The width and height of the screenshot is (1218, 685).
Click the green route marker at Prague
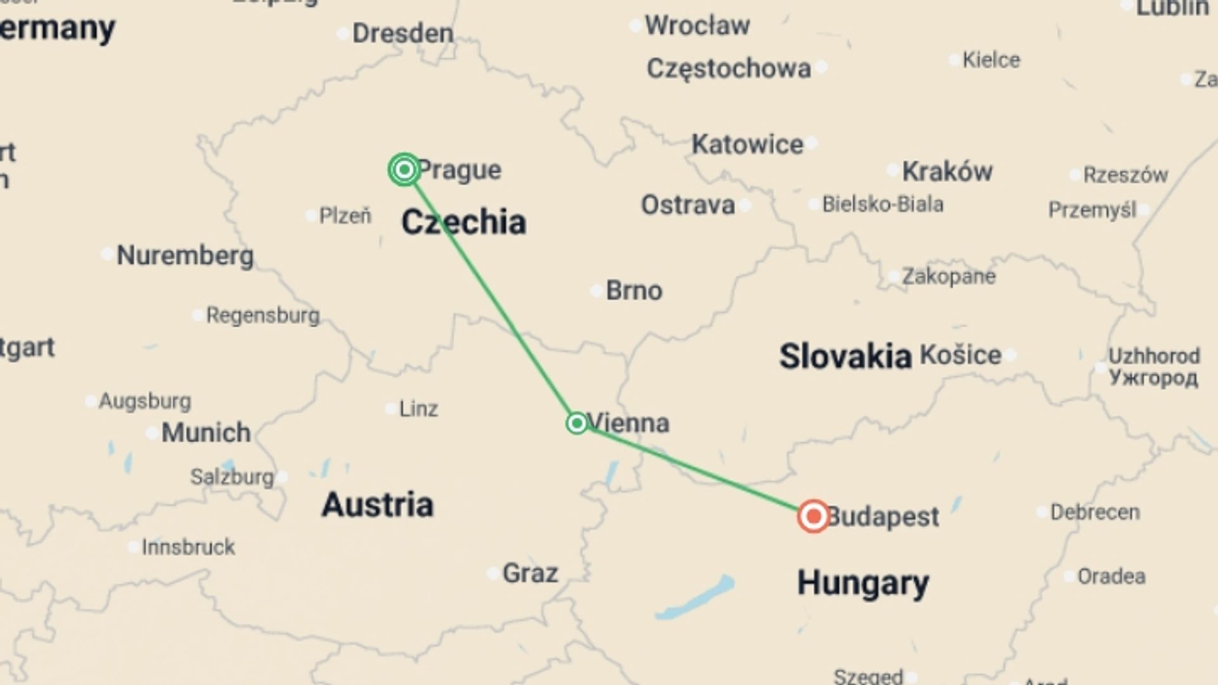(x=404, y=169)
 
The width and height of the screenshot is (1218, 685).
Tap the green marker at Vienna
(x=577, y=423)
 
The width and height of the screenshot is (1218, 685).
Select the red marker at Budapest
(x=813, y=516)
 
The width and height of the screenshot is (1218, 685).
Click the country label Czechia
(x=464, y=223)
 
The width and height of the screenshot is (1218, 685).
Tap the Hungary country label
(x=863, y=583)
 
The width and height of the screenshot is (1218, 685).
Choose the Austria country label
(x=377, y=505)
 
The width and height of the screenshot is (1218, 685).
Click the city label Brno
(x=634, y=290)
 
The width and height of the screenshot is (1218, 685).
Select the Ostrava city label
(x=688, y=205)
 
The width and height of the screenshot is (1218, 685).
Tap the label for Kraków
(x=947, y=171)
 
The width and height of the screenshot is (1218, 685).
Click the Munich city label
(x=206, y=433)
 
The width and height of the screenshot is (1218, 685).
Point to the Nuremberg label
(x=185, y=256)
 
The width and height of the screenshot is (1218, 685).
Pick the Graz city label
(x=530, y=573)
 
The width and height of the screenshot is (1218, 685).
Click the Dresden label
(x=403, y=33)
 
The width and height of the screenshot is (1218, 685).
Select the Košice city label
(x=960, y=355)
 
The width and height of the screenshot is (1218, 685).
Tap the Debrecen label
(x=1095, y=512)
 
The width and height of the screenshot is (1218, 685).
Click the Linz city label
(x=418, y=409)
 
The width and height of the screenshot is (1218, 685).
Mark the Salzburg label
(x=232, y=477)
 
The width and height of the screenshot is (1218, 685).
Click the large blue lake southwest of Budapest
(x=695, y=598)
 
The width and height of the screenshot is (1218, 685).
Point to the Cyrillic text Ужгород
(x=1153, y=378)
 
